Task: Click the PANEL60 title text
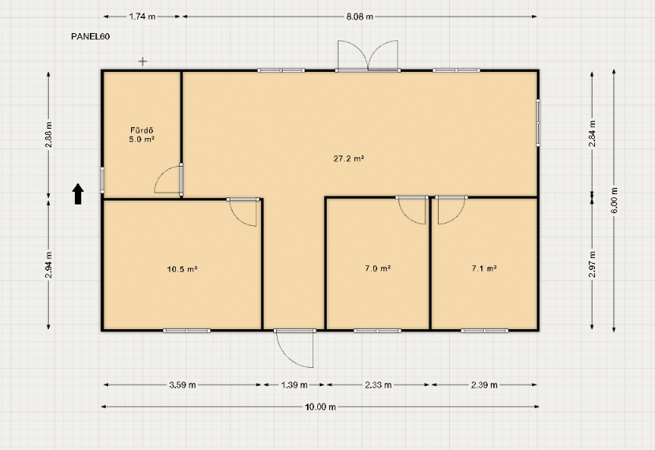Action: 90,36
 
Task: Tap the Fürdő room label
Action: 141,130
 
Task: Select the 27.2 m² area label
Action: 349,159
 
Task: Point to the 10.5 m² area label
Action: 182,269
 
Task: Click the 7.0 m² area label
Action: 378,268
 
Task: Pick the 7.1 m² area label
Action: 485,268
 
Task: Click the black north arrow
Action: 78,194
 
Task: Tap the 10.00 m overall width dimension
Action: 320,407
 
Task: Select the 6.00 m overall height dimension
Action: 614,201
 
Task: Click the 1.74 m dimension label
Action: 142,17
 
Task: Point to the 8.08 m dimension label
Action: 360,17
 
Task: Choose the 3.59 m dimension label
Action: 182,384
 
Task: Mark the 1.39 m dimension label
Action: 294,384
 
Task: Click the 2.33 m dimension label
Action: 378,384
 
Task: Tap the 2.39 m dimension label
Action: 485,384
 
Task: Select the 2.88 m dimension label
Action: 49,134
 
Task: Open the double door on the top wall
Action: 368,55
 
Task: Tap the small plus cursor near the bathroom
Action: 143,62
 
